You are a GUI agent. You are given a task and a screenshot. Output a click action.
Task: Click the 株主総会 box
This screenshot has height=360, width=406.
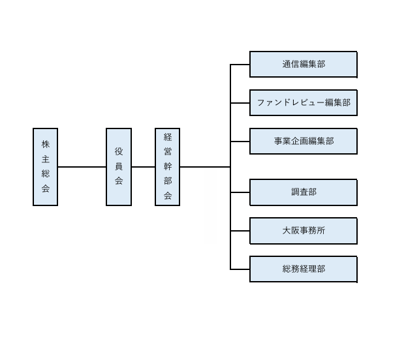[45, 167]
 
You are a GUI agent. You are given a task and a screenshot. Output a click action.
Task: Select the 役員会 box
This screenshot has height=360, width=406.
[119, 167]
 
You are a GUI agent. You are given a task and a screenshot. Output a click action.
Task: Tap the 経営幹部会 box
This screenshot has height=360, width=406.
[167, 167]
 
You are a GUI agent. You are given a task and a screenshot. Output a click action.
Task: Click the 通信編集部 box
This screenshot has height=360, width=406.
[304, 64]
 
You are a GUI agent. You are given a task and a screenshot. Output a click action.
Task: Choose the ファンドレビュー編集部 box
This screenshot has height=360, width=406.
[304, 102]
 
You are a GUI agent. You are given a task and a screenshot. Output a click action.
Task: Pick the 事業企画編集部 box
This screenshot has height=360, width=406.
[304, 141]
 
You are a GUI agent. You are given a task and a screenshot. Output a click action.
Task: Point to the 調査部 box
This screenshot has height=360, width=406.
[304, 192]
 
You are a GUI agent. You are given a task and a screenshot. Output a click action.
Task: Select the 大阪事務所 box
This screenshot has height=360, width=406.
[304, 231]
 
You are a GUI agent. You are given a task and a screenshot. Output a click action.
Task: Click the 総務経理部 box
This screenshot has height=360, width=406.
[304, 269]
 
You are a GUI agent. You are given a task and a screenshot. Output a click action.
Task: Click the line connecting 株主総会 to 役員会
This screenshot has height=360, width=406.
[82, 167]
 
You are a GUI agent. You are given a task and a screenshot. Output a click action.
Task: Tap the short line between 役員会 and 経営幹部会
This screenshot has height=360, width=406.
[143, 167]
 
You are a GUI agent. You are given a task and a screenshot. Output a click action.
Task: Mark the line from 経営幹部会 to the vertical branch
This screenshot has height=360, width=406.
[205, 167]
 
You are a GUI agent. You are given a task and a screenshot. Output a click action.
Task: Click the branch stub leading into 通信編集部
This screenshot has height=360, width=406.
[240, 65]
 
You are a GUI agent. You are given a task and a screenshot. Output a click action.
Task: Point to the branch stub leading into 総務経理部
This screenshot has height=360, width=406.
[240, 269]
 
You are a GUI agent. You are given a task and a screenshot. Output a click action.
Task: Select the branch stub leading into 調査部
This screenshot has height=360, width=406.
[240, 192]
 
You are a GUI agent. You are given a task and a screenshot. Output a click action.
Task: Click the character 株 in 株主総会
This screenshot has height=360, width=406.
[45, 144]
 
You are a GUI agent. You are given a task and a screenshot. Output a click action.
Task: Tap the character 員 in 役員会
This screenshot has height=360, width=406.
[119, 167]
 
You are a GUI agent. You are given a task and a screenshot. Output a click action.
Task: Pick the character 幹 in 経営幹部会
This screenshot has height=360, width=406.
[168, 166]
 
